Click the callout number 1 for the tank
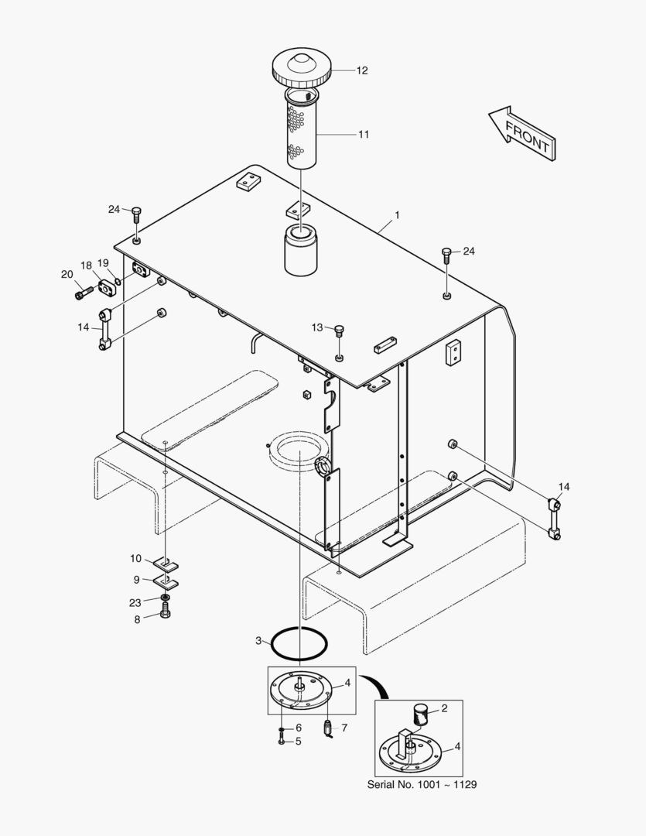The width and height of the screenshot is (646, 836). [x=397, y=214]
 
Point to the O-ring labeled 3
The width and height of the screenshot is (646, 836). [x=299, y=642]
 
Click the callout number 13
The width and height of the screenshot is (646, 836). [x=317, y=327]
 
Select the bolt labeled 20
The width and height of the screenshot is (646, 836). [x=84, y=293]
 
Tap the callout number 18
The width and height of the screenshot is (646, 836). [x=86, y=266]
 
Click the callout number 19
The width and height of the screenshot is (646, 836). [x=104, y=263]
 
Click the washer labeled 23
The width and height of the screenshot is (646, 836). [x=166, y=598]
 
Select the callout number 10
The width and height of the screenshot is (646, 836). [x=135, y=558]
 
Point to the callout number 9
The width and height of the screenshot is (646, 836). [x=137, y=578]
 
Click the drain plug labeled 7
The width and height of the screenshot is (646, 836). [x=327, y=728]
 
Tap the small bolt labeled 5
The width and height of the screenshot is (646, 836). [x=281, y=742]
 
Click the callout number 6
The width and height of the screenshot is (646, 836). [x=299, y=728]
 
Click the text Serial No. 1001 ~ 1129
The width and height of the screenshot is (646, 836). [x=422, y=784]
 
